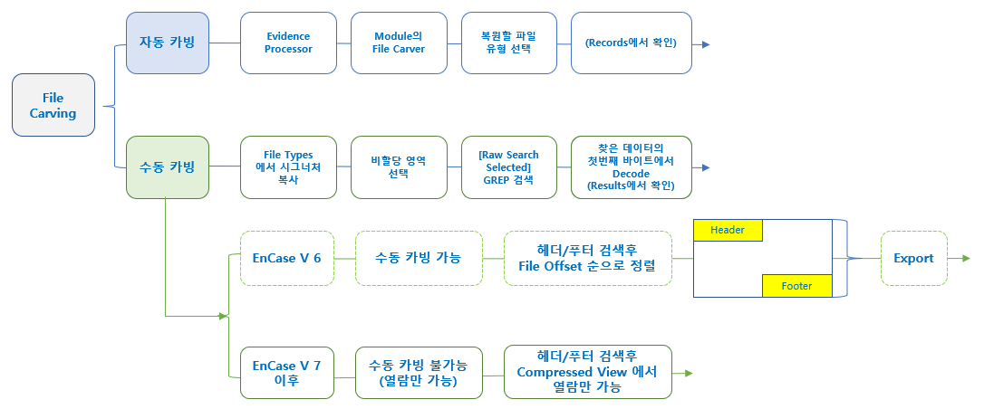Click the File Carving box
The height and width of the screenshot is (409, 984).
coord(53,105)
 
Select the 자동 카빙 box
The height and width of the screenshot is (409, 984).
coord(168,43)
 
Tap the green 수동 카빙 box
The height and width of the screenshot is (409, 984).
coord(168,167)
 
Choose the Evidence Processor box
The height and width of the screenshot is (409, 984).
coord(288,43)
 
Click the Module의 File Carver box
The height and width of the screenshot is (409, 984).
coord(399,43)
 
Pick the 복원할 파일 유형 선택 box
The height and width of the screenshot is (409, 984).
coord(507,43)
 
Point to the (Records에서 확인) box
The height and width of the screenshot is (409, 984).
coord(631,43)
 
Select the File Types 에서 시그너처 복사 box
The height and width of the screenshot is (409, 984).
coord(288,167)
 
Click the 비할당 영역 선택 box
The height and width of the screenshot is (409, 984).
coord(399,167)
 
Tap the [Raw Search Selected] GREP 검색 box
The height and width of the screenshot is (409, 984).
coord(507,167)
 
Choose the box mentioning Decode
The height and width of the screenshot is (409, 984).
coord(631,167)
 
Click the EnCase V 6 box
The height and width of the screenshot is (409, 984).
coord(287,258)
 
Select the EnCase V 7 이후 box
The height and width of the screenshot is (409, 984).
coord(287,372)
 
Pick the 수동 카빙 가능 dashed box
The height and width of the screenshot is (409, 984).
coord(418,258)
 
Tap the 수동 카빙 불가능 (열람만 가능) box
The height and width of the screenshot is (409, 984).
coord(418,372)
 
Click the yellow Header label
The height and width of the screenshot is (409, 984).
coord(728,230)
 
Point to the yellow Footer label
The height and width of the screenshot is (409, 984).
coord(796,286)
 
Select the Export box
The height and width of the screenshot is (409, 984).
coord(913,258)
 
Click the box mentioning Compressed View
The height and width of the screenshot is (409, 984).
coord(587,372)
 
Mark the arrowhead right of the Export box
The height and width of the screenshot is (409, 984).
coord(964,259)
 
